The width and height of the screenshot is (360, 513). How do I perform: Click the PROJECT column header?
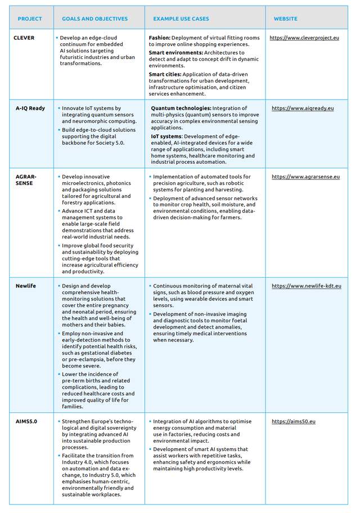coord(30,19)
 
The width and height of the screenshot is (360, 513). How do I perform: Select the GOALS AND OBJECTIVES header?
coord(94,19)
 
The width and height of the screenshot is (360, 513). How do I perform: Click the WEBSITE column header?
coord(286,19)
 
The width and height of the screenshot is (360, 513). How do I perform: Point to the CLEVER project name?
coord(24,38)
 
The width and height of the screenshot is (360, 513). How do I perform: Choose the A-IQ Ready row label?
coord(30,108)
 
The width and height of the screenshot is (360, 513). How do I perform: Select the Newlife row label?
coord(26,286)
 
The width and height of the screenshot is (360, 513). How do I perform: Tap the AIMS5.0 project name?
coord(27,421)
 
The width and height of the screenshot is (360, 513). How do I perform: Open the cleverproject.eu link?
coord(304,38)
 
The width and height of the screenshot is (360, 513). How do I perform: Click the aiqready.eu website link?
coord(303,108)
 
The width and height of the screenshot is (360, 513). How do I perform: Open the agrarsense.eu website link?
coord(305,177)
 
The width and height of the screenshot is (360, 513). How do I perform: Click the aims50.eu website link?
coord(294,421)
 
